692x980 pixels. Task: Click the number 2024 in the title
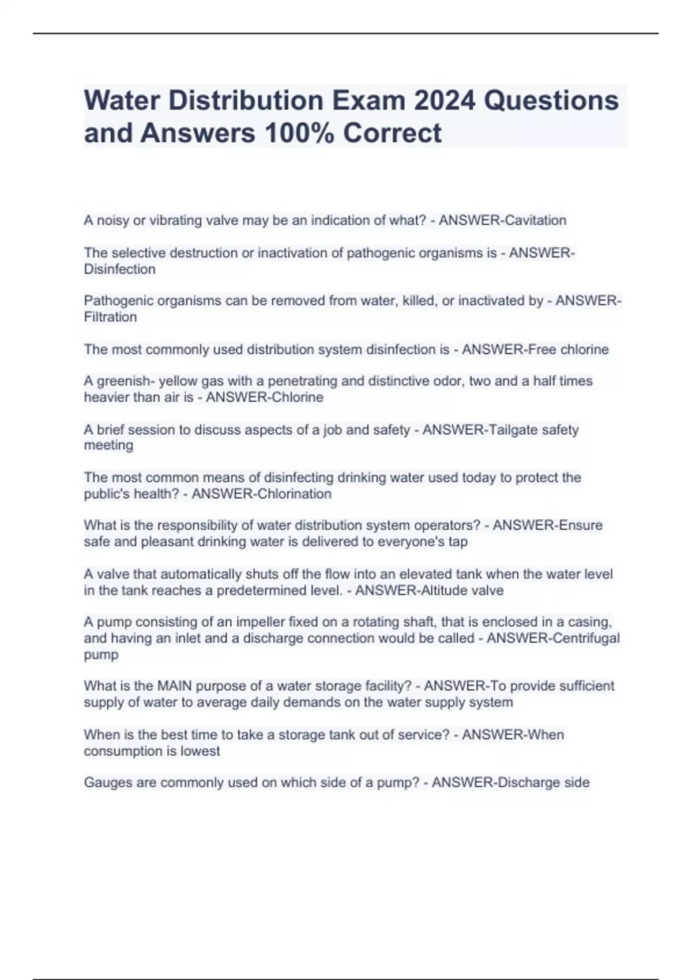[x=443, y=100]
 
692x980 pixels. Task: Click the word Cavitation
[x=535, y=220]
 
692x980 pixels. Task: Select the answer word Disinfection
[x=119, y=269]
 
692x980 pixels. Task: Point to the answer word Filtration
[x=110, y=317]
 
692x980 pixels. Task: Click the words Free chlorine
[x=568, y=349]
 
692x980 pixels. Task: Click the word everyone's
[x=411, y=541]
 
